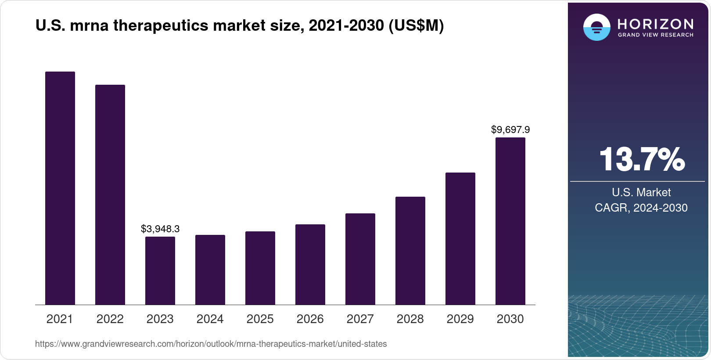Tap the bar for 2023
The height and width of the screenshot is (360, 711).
[x=160, y=270]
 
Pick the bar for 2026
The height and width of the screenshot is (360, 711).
[x=310, y=264]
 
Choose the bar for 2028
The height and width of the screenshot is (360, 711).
[x=410, y=251]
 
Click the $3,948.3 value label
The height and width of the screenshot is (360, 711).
[x=160, y=229]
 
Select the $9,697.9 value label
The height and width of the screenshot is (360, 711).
[x=510, y=130]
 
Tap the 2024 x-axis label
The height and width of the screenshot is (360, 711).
[x=210, y=319]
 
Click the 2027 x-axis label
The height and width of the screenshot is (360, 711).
[x=360, y=319]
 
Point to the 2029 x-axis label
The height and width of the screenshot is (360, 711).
[x=460, y=319]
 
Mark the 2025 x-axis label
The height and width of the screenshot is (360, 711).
[x=260, y=319]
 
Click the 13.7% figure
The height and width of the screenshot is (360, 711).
[x=641, y=159]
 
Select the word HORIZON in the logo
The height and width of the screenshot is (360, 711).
[x=656, y=24]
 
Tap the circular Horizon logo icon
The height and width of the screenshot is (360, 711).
[x=596, y=27]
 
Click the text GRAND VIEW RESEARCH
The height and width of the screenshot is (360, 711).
[x=656, y=35]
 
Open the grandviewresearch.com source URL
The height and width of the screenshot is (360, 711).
[x=211, y=344]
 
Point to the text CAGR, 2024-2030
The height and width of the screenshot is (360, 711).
[x=641, y=208]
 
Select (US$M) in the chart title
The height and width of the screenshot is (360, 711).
[x=416, y=26]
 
